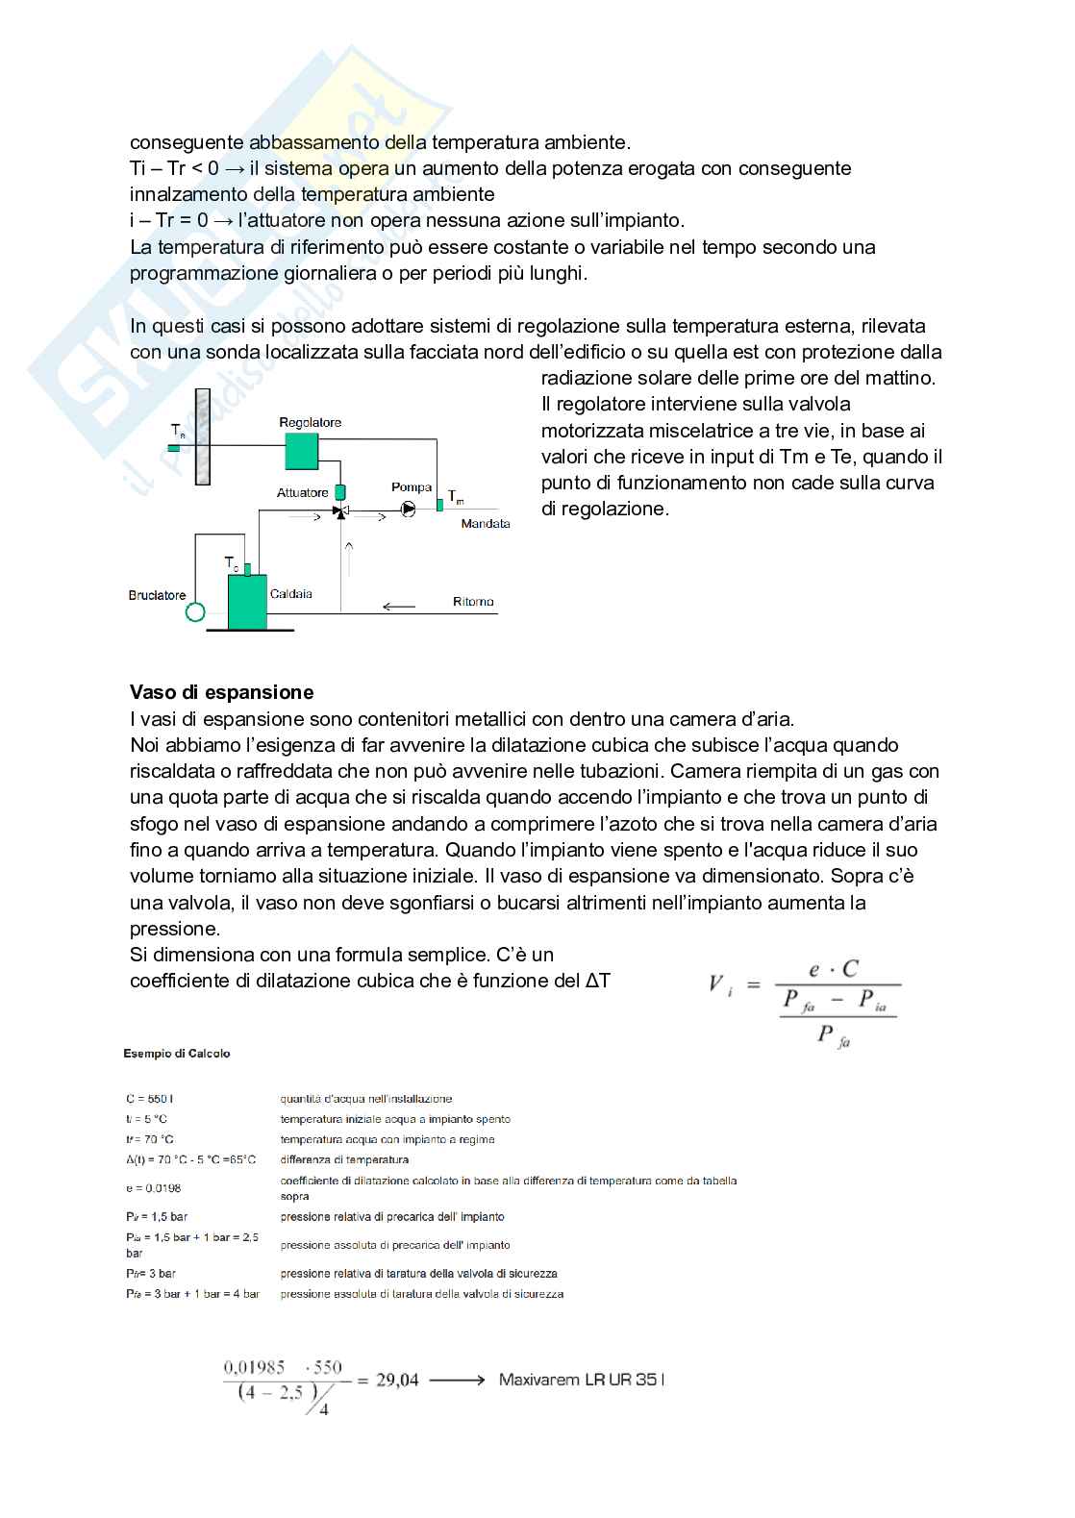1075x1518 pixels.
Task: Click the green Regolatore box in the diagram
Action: (x=301, y=450)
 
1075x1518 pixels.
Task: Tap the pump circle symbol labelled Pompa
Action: (x=408, y=510)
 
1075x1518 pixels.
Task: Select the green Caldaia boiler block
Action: (x=247, y=601)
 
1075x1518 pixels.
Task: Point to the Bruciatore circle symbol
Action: (x=195, y=611)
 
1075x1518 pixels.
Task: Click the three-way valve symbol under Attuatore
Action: (x=339, y=510)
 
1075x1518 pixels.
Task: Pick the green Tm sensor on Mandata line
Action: (x=439, y=504)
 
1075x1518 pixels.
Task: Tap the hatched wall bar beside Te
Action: (x=202, y=436)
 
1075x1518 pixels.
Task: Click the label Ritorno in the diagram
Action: (x=473, y=602)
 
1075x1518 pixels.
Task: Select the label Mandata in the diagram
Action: (x=485, y=524)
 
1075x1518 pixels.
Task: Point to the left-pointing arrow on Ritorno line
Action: (x=398, y=607)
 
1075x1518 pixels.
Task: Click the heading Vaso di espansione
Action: (x=222, y=692)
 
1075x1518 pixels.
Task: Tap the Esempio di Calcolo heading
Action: (x=177, y=1054)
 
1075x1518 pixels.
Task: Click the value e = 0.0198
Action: (x=154, y=1188)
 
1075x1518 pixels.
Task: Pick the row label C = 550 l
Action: (x=149, y=1099)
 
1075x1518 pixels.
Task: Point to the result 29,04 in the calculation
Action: (x=397, y=1381)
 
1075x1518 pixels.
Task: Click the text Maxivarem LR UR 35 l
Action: (x=582, y=1380)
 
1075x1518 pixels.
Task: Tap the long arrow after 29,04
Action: (x=457, y=1381)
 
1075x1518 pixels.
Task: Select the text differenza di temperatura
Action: (x=344, y=1160)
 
